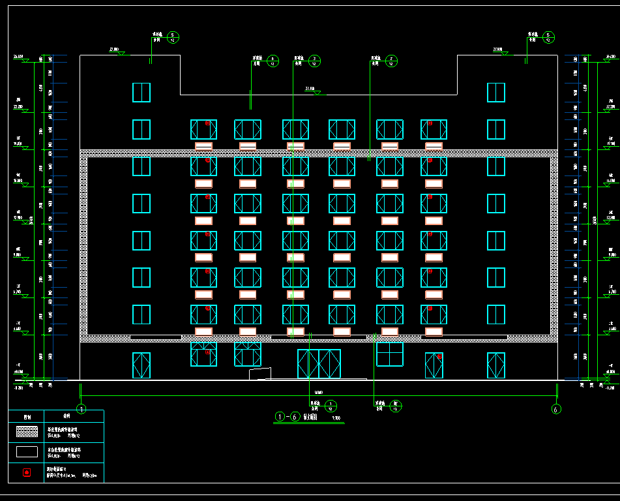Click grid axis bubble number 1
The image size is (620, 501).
[81, 409]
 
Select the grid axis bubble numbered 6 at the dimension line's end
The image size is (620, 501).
[556, 409]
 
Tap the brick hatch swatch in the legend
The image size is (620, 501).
[27, 432]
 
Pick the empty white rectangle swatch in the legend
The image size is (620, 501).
[27, 451]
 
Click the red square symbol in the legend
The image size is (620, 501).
[27, 472]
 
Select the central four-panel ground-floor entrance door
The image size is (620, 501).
[319, 364]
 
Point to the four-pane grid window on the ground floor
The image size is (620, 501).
[390, 354]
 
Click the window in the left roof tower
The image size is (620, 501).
[141, 92]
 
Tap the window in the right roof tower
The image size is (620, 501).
[496, 92]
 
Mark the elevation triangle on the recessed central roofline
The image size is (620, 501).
[317, 93]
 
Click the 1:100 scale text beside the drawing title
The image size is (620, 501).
[336, 418]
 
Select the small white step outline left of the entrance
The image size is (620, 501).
[260, 373]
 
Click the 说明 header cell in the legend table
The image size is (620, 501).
[66, 416]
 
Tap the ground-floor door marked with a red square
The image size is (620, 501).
[434, 365]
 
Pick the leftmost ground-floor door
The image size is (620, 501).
[141, 365]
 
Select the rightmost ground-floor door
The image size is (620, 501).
[496, 365]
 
